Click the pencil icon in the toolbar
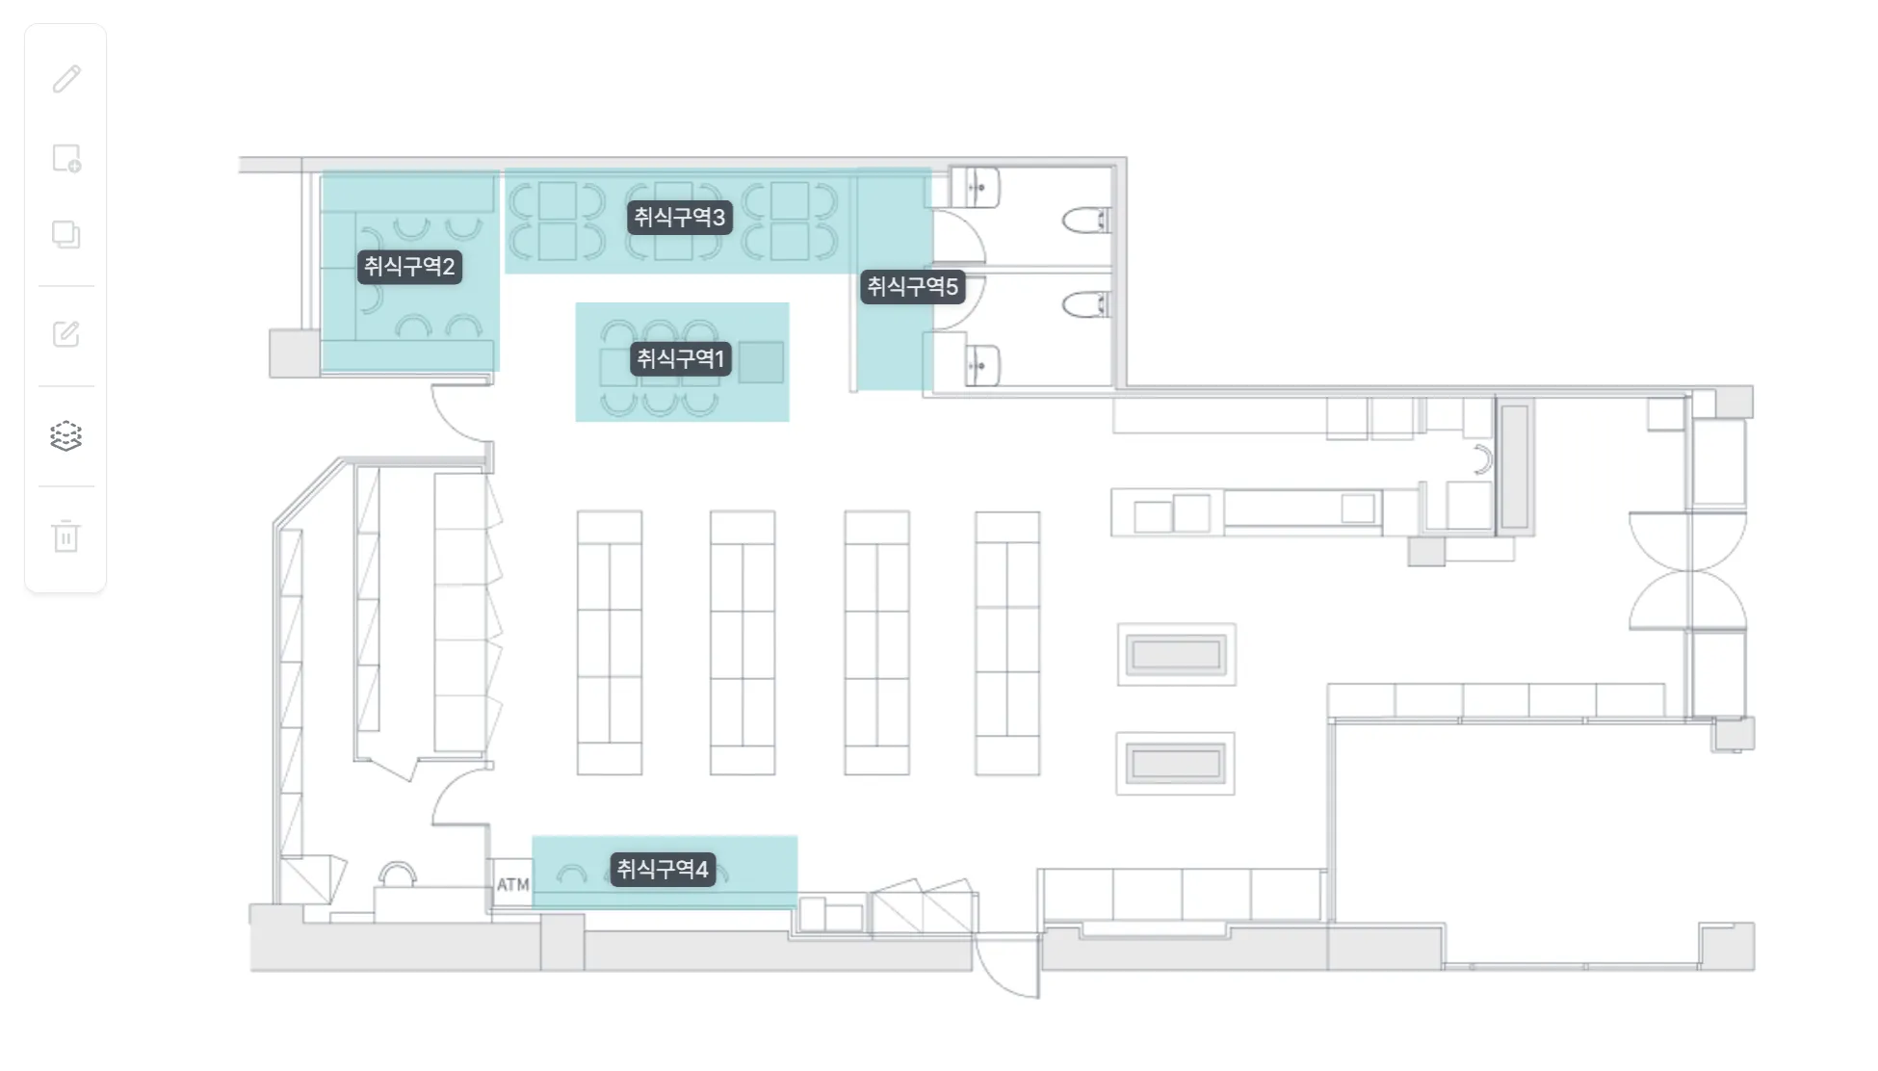pyautogui.click(x=66, y=79)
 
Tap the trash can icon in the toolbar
pyautogui.click(x=65, y=535)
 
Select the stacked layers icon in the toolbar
pyautogui.click(x=65, y=436)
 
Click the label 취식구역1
pyautogui.click(x=681, y=359)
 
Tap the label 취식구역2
pyautogui.click(x=409, y=267)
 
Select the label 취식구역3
pyautogui.click(x=680, y=218)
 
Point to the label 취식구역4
pyautogui.click(x=663, y=870)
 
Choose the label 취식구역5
pyautogui.click(x=913, y=287)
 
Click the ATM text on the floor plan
pyautogui.click(x=513, y=884)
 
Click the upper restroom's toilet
pyautogui.click(x=1086, y=221)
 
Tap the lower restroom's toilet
pyautogui.click(x=1086, y=305)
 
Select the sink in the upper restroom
pyautogui.click(x=976, y=187)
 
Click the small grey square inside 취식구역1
pyautogui.click(x=761, y=362)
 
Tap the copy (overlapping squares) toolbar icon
pyautogui.click(x=65, y=234)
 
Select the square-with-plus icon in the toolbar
pyautogui.click(x=66, y=158)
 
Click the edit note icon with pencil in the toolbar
pyautogui.click(x=65, y=334)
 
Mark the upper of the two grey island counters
pyautogui.click(x=1176, y=655)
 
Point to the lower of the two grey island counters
pyautogui.click(x=1176, y=764)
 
